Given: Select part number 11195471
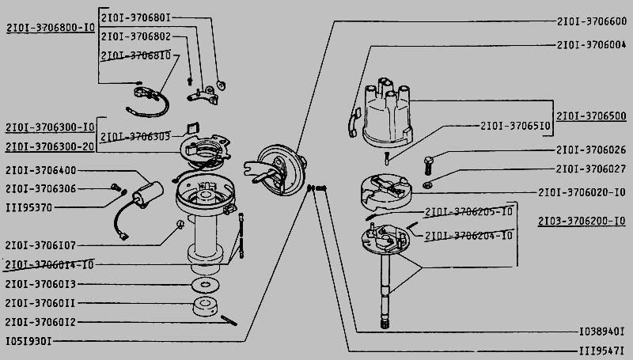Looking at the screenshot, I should point(603,351).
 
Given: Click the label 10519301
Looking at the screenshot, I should point(28,342).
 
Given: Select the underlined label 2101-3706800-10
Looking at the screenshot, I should point(51,27).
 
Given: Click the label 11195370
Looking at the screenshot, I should point(28,207).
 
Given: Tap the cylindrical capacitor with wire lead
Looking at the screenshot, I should point(147,192).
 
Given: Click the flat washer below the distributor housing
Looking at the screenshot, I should point(205,283).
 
